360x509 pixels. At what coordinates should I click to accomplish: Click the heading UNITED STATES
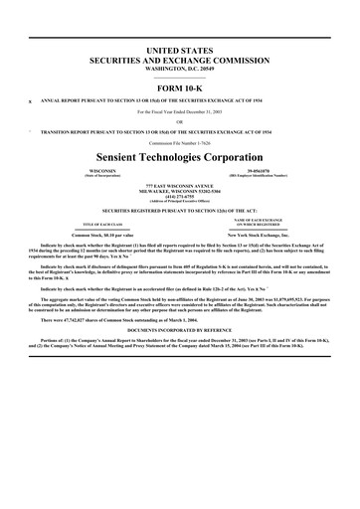pos(180,49)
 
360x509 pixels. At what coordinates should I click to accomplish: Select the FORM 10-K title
pos(180,87)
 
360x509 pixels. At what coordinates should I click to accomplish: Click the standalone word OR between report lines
pos(180,122)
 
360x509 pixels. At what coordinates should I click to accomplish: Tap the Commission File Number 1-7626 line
pos(180,143)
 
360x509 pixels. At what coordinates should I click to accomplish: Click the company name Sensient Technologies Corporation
pos(180,158)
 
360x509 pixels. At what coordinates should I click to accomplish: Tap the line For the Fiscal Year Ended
pos(180,111)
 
